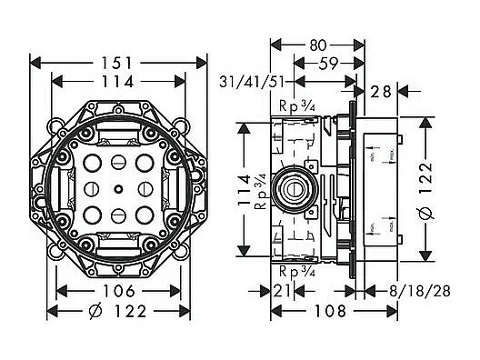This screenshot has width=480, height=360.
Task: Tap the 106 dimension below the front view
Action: click(120, 291)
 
